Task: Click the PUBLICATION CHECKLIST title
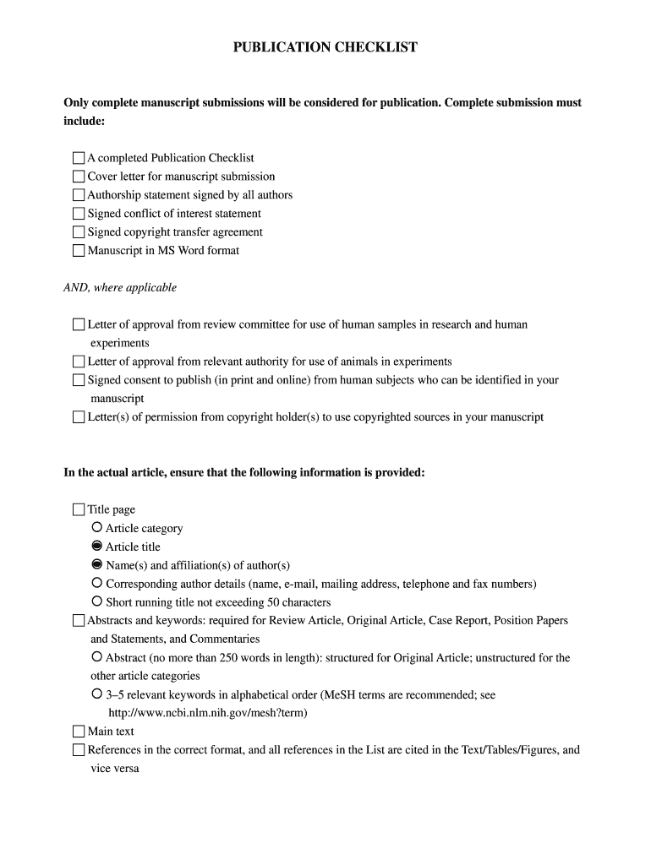(325, 47)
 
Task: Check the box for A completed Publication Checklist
(79, 158)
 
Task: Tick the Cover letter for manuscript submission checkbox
(79, 177)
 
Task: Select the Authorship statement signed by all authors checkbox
(79, 195)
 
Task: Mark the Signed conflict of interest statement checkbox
(79, 214)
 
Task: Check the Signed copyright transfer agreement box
(79, 232)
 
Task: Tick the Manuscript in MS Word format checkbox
(79, 251)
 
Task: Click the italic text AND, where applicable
(120, 288)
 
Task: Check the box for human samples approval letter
(79, 324)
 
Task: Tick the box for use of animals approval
(79, 362)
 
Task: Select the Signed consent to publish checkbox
(79, 380)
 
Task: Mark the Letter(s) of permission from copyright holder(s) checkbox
(79, 417)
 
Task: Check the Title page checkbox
(79, 509)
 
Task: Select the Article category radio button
(97, 528)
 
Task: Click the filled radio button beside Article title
(97, 547)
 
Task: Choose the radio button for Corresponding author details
(97, 584)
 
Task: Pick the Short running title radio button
(97, 602)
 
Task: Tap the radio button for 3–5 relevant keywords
(97, 694)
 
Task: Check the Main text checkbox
(79, 732)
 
